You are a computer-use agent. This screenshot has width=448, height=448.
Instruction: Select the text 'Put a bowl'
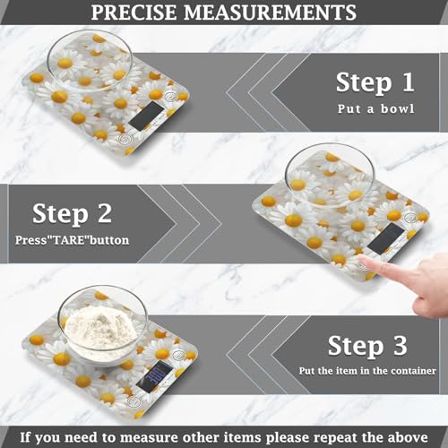375,111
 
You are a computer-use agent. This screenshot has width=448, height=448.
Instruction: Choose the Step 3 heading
368,345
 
